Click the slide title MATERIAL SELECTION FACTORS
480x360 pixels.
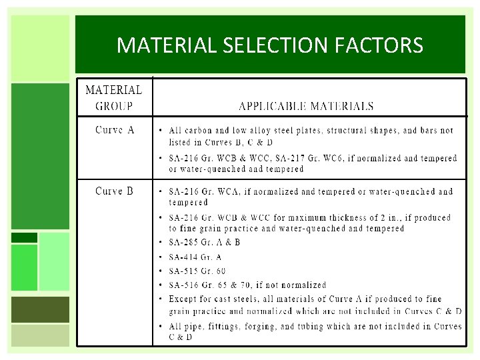[269, 45]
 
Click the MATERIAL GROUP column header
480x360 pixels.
[113, 97]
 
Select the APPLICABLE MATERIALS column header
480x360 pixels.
[306, 106]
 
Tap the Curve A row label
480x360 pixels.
[115, 130]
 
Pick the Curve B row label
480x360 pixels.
[115, 191]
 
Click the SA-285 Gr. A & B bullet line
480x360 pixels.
[204, 243]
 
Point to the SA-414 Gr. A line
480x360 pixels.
[195, 257]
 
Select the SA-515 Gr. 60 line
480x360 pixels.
[197, 271]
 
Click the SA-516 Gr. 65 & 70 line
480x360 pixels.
[247, 285]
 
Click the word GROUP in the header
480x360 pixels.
[114, 105]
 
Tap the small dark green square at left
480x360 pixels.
[25, 237]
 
